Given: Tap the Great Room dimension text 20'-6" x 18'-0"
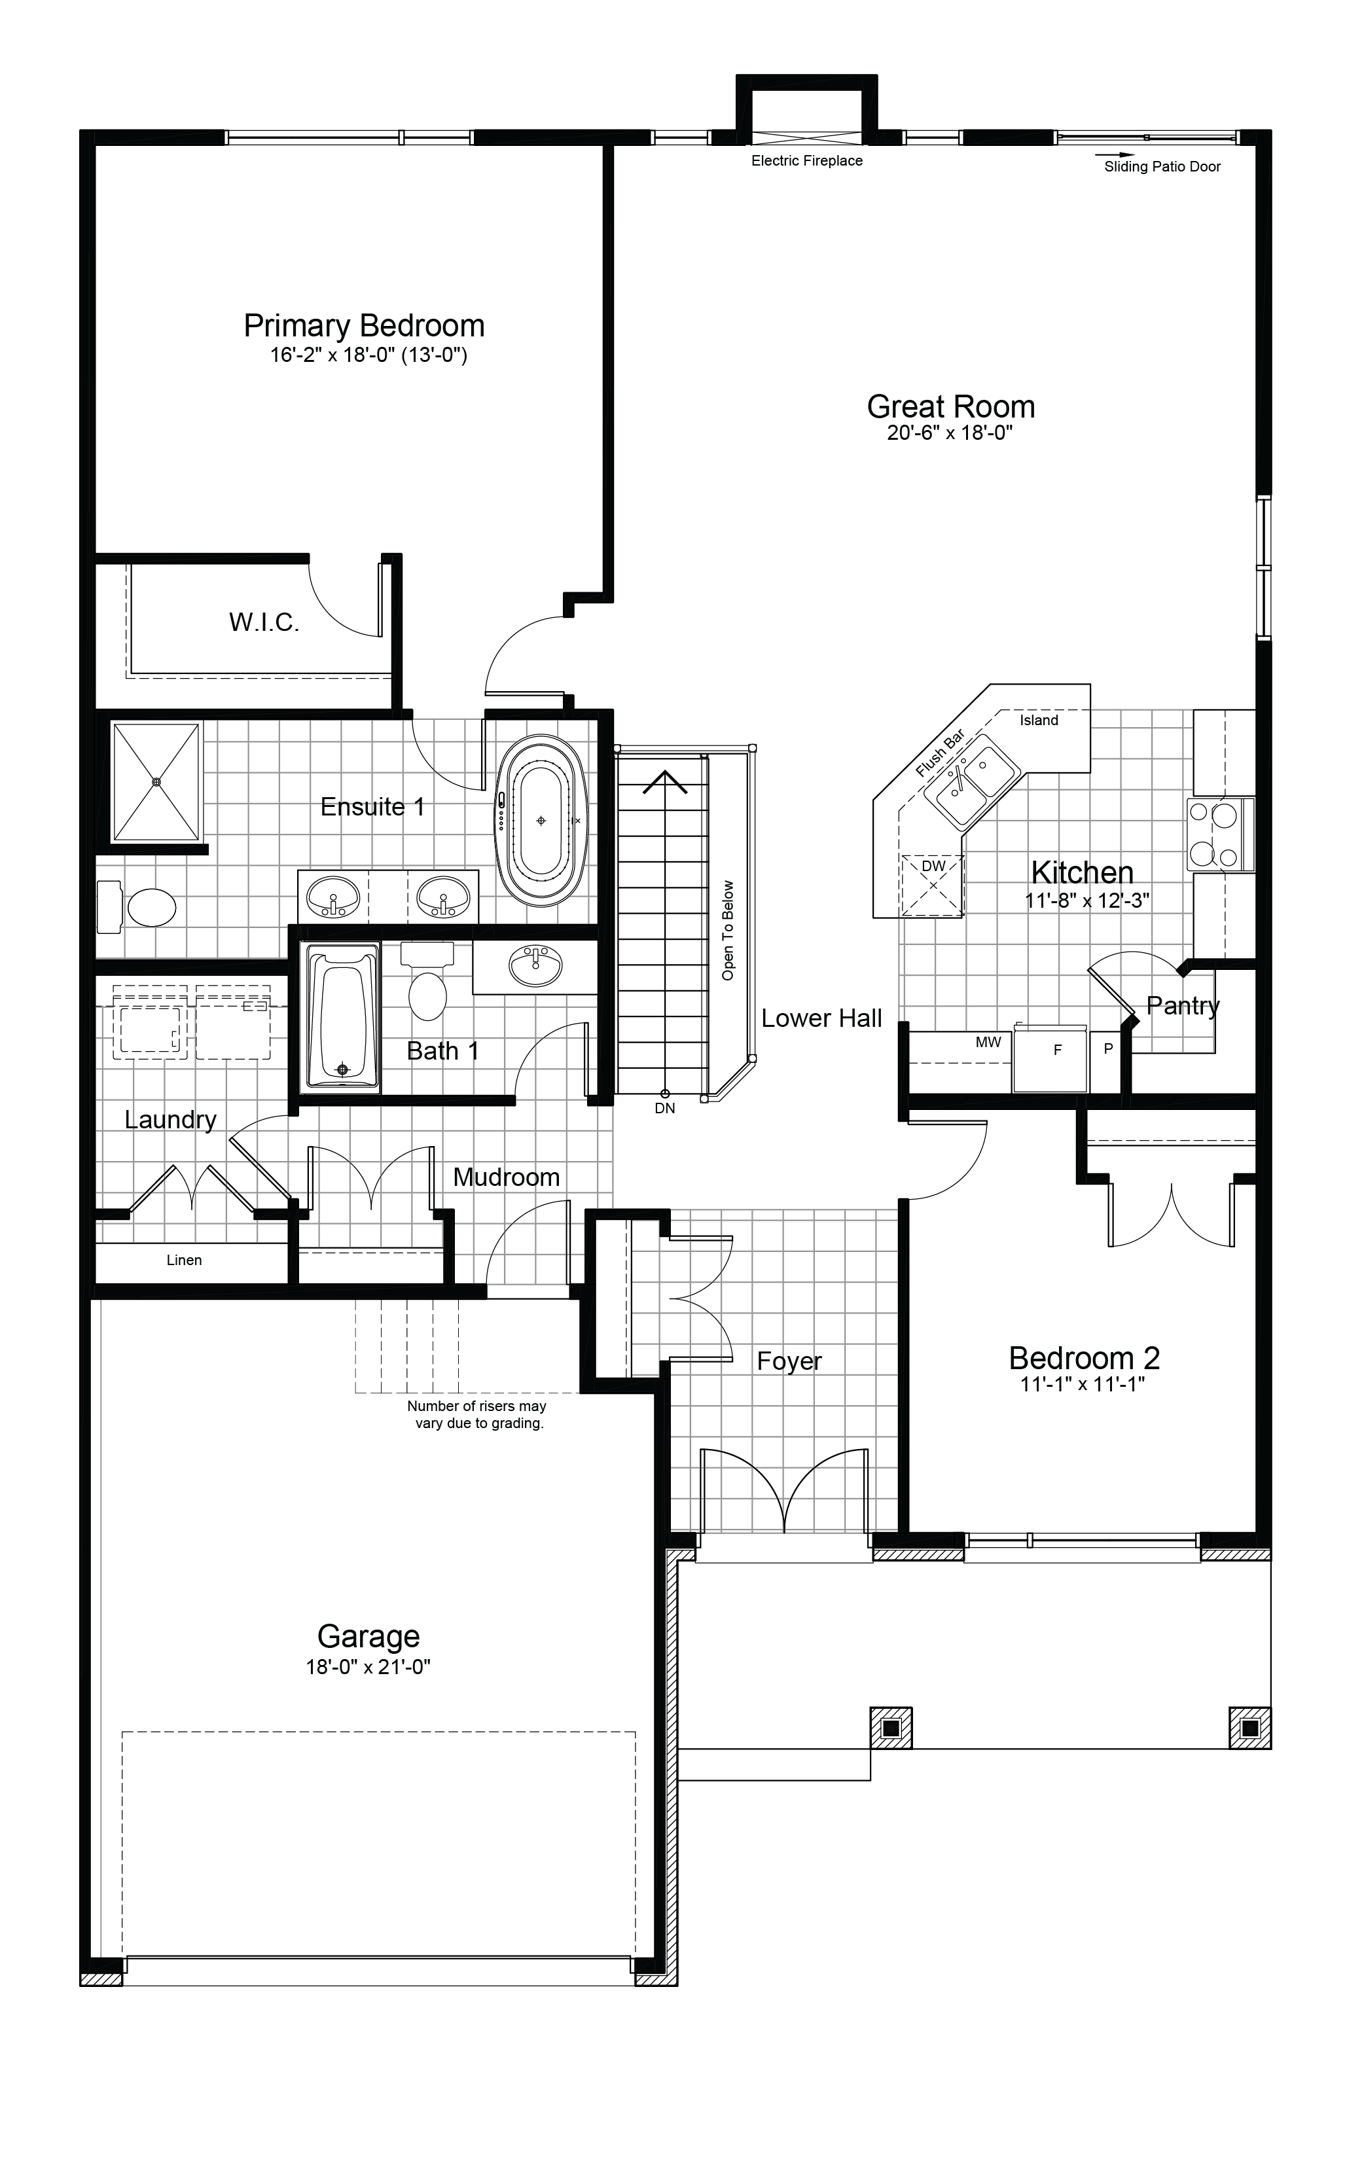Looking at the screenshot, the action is click(950, 433).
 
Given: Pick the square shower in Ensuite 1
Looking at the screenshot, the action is click(156, 782).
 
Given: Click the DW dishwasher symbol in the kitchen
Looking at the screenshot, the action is click(933, 885).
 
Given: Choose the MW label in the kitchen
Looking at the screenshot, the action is click(988, 1042).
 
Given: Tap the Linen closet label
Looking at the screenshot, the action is click(184, 1260).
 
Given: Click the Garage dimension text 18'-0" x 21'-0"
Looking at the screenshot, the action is click(368, 1667).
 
